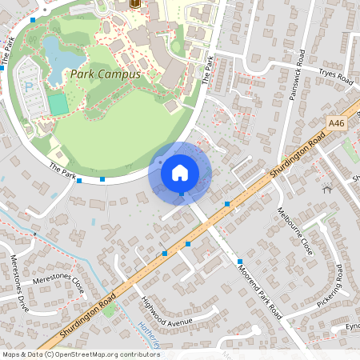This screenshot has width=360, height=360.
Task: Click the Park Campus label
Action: click(105, 74)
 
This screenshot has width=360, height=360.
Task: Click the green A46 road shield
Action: click(336, 122)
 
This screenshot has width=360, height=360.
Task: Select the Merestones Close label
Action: click(58, 282)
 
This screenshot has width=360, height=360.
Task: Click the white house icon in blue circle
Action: click(180, 172)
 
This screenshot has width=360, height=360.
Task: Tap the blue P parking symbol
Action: click(29, 86)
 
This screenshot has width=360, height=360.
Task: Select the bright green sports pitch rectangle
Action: click(58, 104)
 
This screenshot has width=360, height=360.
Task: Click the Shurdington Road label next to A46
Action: click(298, 158)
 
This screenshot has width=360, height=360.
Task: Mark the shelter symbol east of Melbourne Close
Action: click(326, 190)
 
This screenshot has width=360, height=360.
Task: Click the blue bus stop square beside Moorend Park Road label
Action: click(240, 262)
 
